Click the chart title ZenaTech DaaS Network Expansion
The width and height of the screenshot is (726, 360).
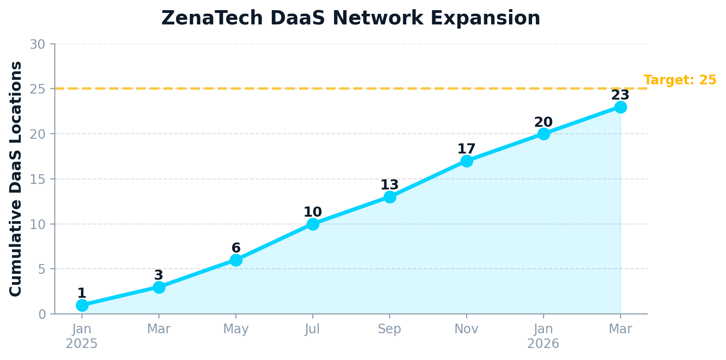[351, 18]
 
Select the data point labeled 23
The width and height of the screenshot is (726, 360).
[620, 107]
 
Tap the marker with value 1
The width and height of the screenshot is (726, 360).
[82, 305]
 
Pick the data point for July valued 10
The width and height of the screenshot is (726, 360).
[313, 224]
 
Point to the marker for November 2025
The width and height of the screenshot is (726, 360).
[467, 161]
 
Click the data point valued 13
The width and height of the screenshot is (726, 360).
[390, 197]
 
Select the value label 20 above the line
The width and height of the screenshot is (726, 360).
[543, 122]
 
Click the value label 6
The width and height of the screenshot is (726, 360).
[236, 248]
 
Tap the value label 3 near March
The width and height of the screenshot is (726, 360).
[158, 275]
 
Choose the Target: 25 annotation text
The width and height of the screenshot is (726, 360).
[679, 80]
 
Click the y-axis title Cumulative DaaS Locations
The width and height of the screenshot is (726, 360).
[16, 179]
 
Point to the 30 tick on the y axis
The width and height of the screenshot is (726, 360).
[37, 44]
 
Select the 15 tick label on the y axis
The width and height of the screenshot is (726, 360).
[37, 179]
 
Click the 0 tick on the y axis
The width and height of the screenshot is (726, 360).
[42, 314]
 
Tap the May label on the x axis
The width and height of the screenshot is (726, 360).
[236, 329]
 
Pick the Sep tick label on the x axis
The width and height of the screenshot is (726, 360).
[390, 329]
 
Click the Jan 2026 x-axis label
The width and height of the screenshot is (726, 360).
[543, 336]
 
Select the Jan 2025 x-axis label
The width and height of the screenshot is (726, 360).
[82, 336]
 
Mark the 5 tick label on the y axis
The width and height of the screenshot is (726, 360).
[42, 269]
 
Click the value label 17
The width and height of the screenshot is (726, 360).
[466, 149]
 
